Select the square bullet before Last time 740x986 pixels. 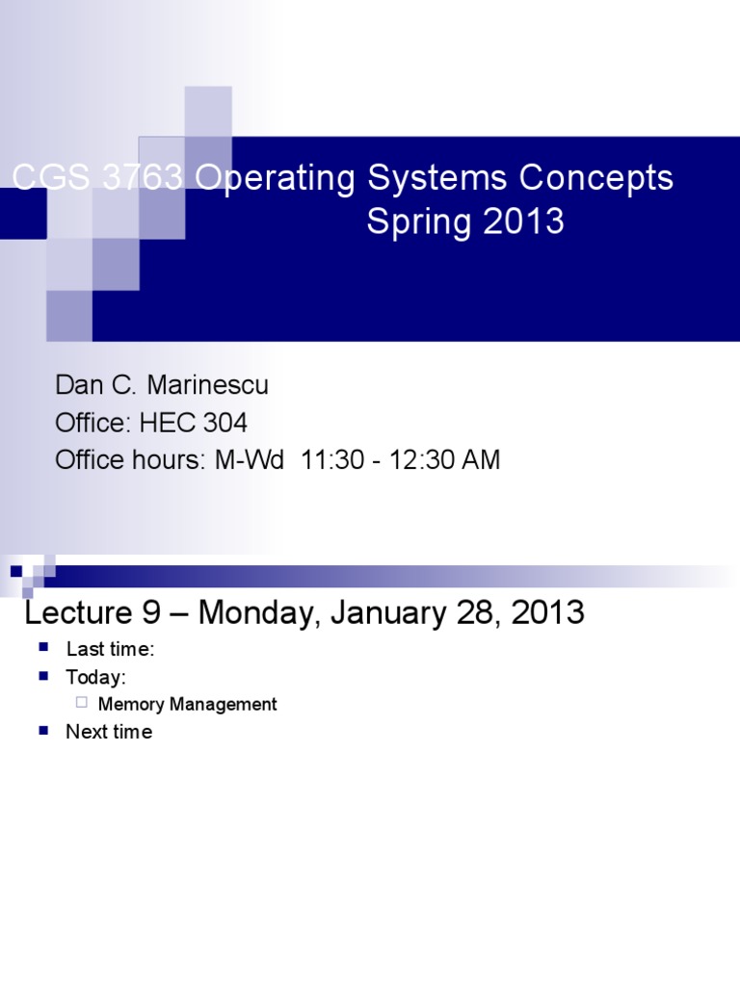click(x=43, y=648)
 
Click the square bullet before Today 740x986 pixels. click(x=43, y=676)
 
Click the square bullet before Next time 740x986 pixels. click(x=43, y=731)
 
